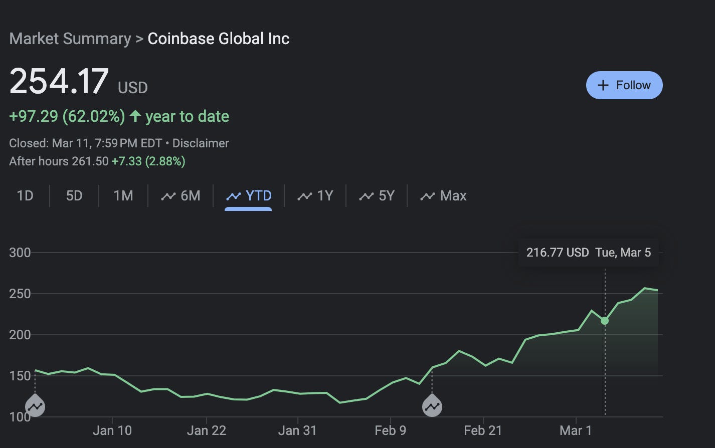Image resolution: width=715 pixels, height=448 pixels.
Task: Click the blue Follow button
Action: point(624,85)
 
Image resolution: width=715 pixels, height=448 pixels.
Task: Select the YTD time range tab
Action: point(249,195)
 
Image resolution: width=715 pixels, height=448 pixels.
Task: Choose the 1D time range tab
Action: point(25,195)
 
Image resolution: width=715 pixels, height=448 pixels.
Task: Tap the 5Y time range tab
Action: point(377,195)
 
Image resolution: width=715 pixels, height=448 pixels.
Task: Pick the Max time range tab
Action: point(443,195)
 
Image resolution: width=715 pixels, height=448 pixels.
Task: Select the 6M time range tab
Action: point(181,195)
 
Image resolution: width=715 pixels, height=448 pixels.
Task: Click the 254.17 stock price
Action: point(59,81)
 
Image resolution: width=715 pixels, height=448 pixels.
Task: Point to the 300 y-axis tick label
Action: point(20,253)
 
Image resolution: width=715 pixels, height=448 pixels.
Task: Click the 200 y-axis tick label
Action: point(20,335)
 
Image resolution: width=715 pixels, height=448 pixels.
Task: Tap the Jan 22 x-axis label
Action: point(207,430)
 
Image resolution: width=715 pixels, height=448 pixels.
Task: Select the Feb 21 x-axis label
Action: point(483,430)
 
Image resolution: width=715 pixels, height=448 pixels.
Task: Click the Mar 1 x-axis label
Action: point(575,430)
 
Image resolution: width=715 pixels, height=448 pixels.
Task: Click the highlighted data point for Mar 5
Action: point(605,321)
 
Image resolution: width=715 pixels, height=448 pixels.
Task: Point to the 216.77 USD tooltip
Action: point(588,253)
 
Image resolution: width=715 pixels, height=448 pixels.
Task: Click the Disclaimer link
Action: point(201,143)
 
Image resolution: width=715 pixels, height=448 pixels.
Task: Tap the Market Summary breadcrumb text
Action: point(70,39)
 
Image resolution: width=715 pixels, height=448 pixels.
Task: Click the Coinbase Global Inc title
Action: point(219,39)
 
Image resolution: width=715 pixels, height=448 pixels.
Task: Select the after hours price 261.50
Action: point(90,161)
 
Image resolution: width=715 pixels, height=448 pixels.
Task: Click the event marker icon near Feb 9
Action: point(432,406)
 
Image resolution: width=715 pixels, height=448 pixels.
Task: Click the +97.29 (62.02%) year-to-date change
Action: point(67,116)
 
